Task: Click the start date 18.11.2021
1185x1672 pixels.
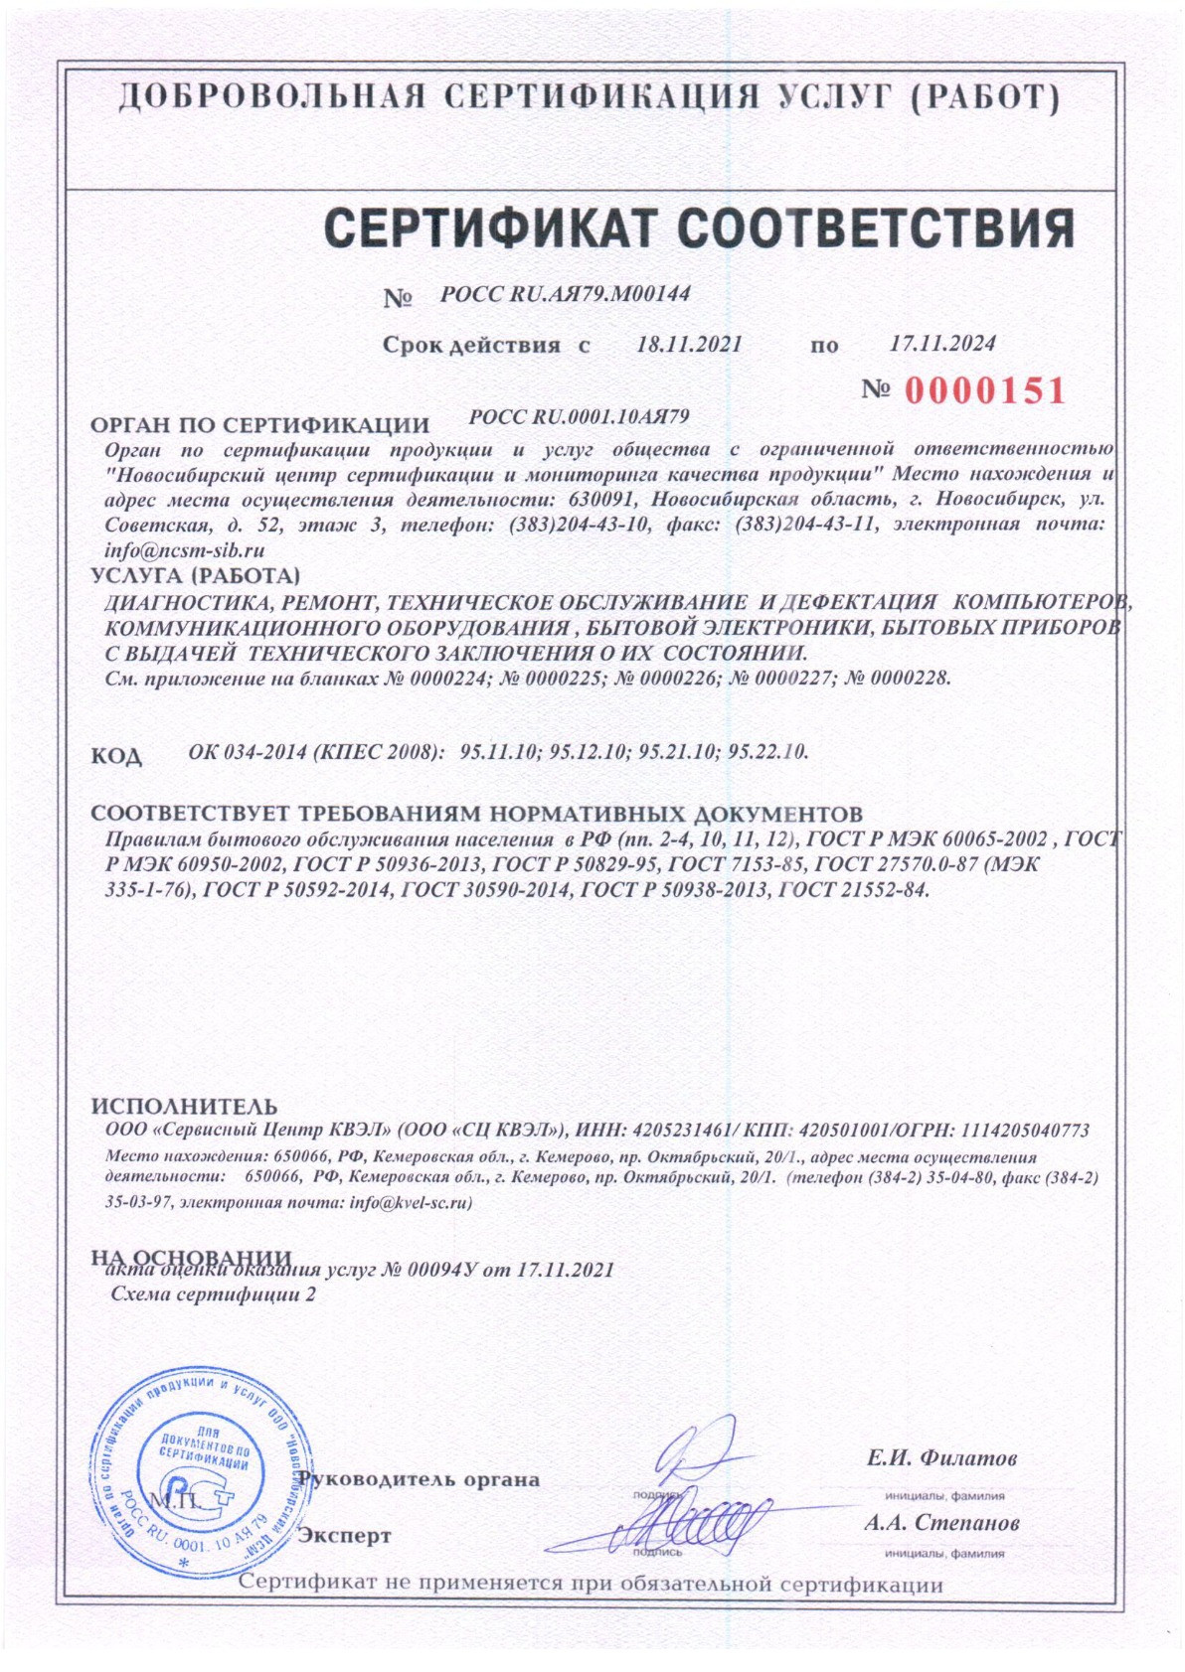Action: [x=689, y=344]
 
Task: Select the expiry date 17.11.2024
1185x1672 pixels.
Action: [x=942, y=343]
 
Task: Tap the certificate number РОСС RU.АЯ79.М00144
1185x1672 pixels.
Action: [x=565, y=294]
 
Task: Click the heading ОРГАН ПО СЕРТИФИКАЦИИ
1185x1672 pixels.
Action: [x=259, y=425]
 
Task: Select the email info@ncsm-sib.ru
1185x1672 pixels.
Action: [x=184, y=549]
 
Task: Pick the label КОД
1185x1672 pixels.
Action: [x=117, y=756]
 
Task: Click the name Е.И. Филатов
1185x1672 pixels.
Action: [x=941, y=1458]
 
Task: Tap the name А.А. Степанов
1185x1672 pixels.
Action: [x=940, y=1523]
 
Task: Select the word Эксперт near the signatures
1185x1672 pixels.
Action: [x=345, y=1536]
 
